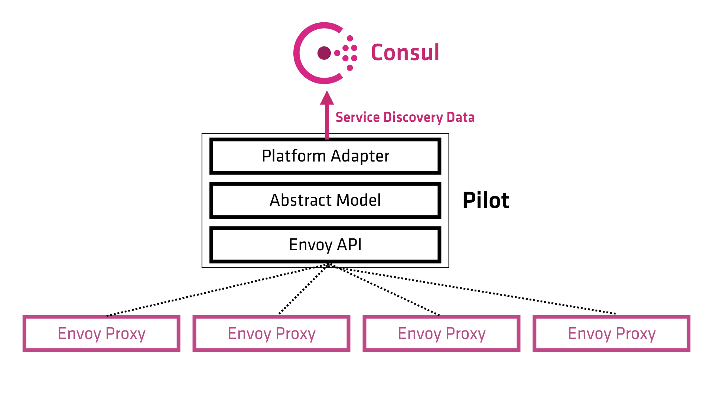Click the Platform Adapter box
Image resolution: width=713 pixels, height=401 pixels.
point(325,156)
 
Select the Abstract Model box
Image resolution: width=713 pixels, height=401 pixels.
point(325,200)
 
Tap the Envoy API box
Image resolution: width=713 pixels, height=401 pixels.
point(325,245)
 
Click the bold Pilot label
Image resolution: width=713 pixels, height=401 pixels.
point(486,200)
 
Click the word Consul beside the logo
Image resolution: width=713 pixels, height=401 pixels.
point(405,52)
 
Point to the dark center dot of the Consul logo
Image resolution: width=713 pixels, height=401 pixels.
point(324,53)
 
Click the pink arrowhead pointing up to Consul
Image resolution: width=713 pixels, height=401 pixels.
point(327,98)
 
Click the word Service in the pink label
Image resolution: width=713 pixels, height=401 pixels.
point(358,117)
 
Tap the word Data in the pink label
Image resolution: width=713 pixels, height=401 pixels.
point(460,117)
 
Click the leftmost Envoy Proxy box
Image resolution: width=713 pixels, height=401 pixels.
point(101,333)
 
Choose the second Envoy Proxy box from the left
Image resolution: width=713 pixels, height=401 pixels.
point(271,333)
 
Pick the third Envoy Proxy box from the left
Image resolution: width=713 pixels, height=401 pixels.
point(442,333)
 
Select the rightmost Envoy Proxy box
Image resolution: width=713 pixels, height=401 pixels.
point(612,333)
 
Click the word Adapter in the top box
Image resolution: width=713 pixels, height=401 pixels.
point(360,156)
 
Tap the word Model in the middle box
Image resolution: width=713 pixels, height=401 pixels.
point(358,200)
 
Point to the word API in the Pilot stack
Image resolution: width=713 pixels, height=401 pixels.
point(349,245)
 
